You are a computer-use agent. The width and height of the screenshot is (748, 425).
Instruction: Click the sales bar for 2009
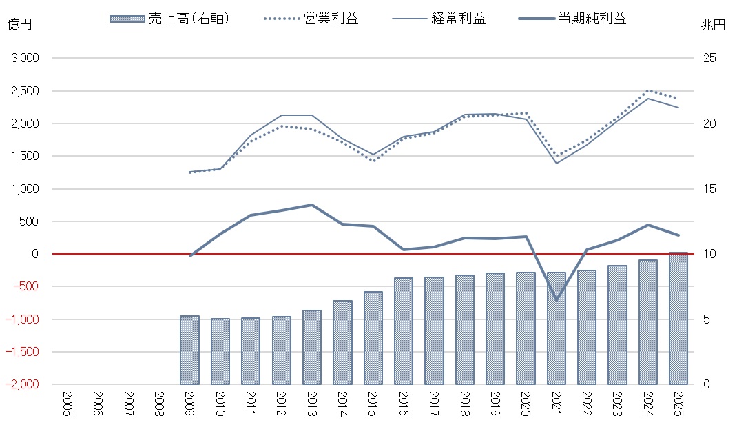pos(189,350)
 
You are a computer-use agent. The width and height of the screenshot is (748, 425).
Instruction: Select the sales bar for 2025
pos(678,319)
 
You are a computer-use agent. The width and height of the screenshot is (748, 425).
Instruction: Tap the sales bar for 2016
pos(404,331)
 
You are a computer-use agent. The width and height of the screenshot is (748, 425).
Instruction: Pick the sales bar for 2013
pos(312,347)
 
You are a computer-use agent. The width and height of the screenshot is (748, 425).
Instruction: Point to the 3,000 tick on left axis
pos(25,59)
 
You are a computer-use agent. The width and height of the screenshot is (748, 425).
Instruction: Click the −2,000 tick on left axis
pos(24,384)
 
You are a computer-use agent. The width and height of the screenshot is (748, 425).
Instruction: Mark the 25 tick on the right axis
pos(709,59)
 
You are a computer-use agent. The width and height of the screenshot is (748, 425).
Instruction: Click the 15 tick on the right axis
pos(709,189)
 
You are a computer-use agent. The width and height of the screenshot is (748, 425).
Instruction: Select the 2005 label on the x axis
pos(67,402)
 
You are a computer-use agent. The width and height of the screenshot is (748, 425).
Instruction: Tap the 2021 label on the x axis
pos(556,402)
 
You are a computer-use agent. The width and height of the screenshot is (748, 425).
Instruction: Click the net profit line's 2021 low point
pos(556,299)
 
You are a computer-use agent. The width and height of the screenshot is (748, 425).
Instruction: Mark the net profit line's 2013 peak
pos(312,205)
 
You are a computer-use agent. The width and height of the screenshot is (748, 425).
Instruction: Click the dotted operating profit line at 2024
pos(647,91)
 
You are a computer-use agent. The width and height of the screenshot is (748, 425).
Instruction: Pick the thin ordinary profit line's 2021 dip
pos(556,164)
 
